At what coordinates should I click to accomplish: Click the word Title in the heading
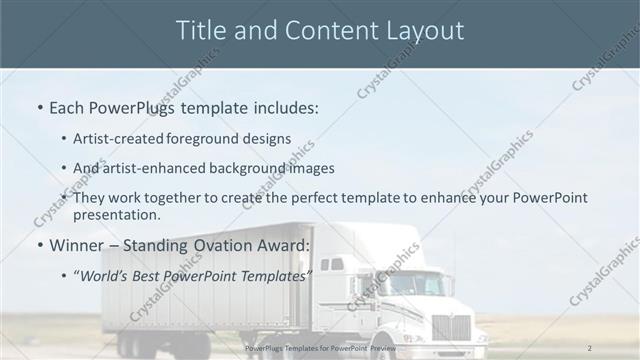point(198,31)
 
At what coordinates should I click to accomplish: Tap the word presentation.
point(116,214)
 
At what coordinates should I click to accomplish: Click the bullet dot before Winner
point(38,245)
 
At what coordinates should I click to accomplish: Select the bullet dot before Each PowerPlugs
point(38,105)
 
